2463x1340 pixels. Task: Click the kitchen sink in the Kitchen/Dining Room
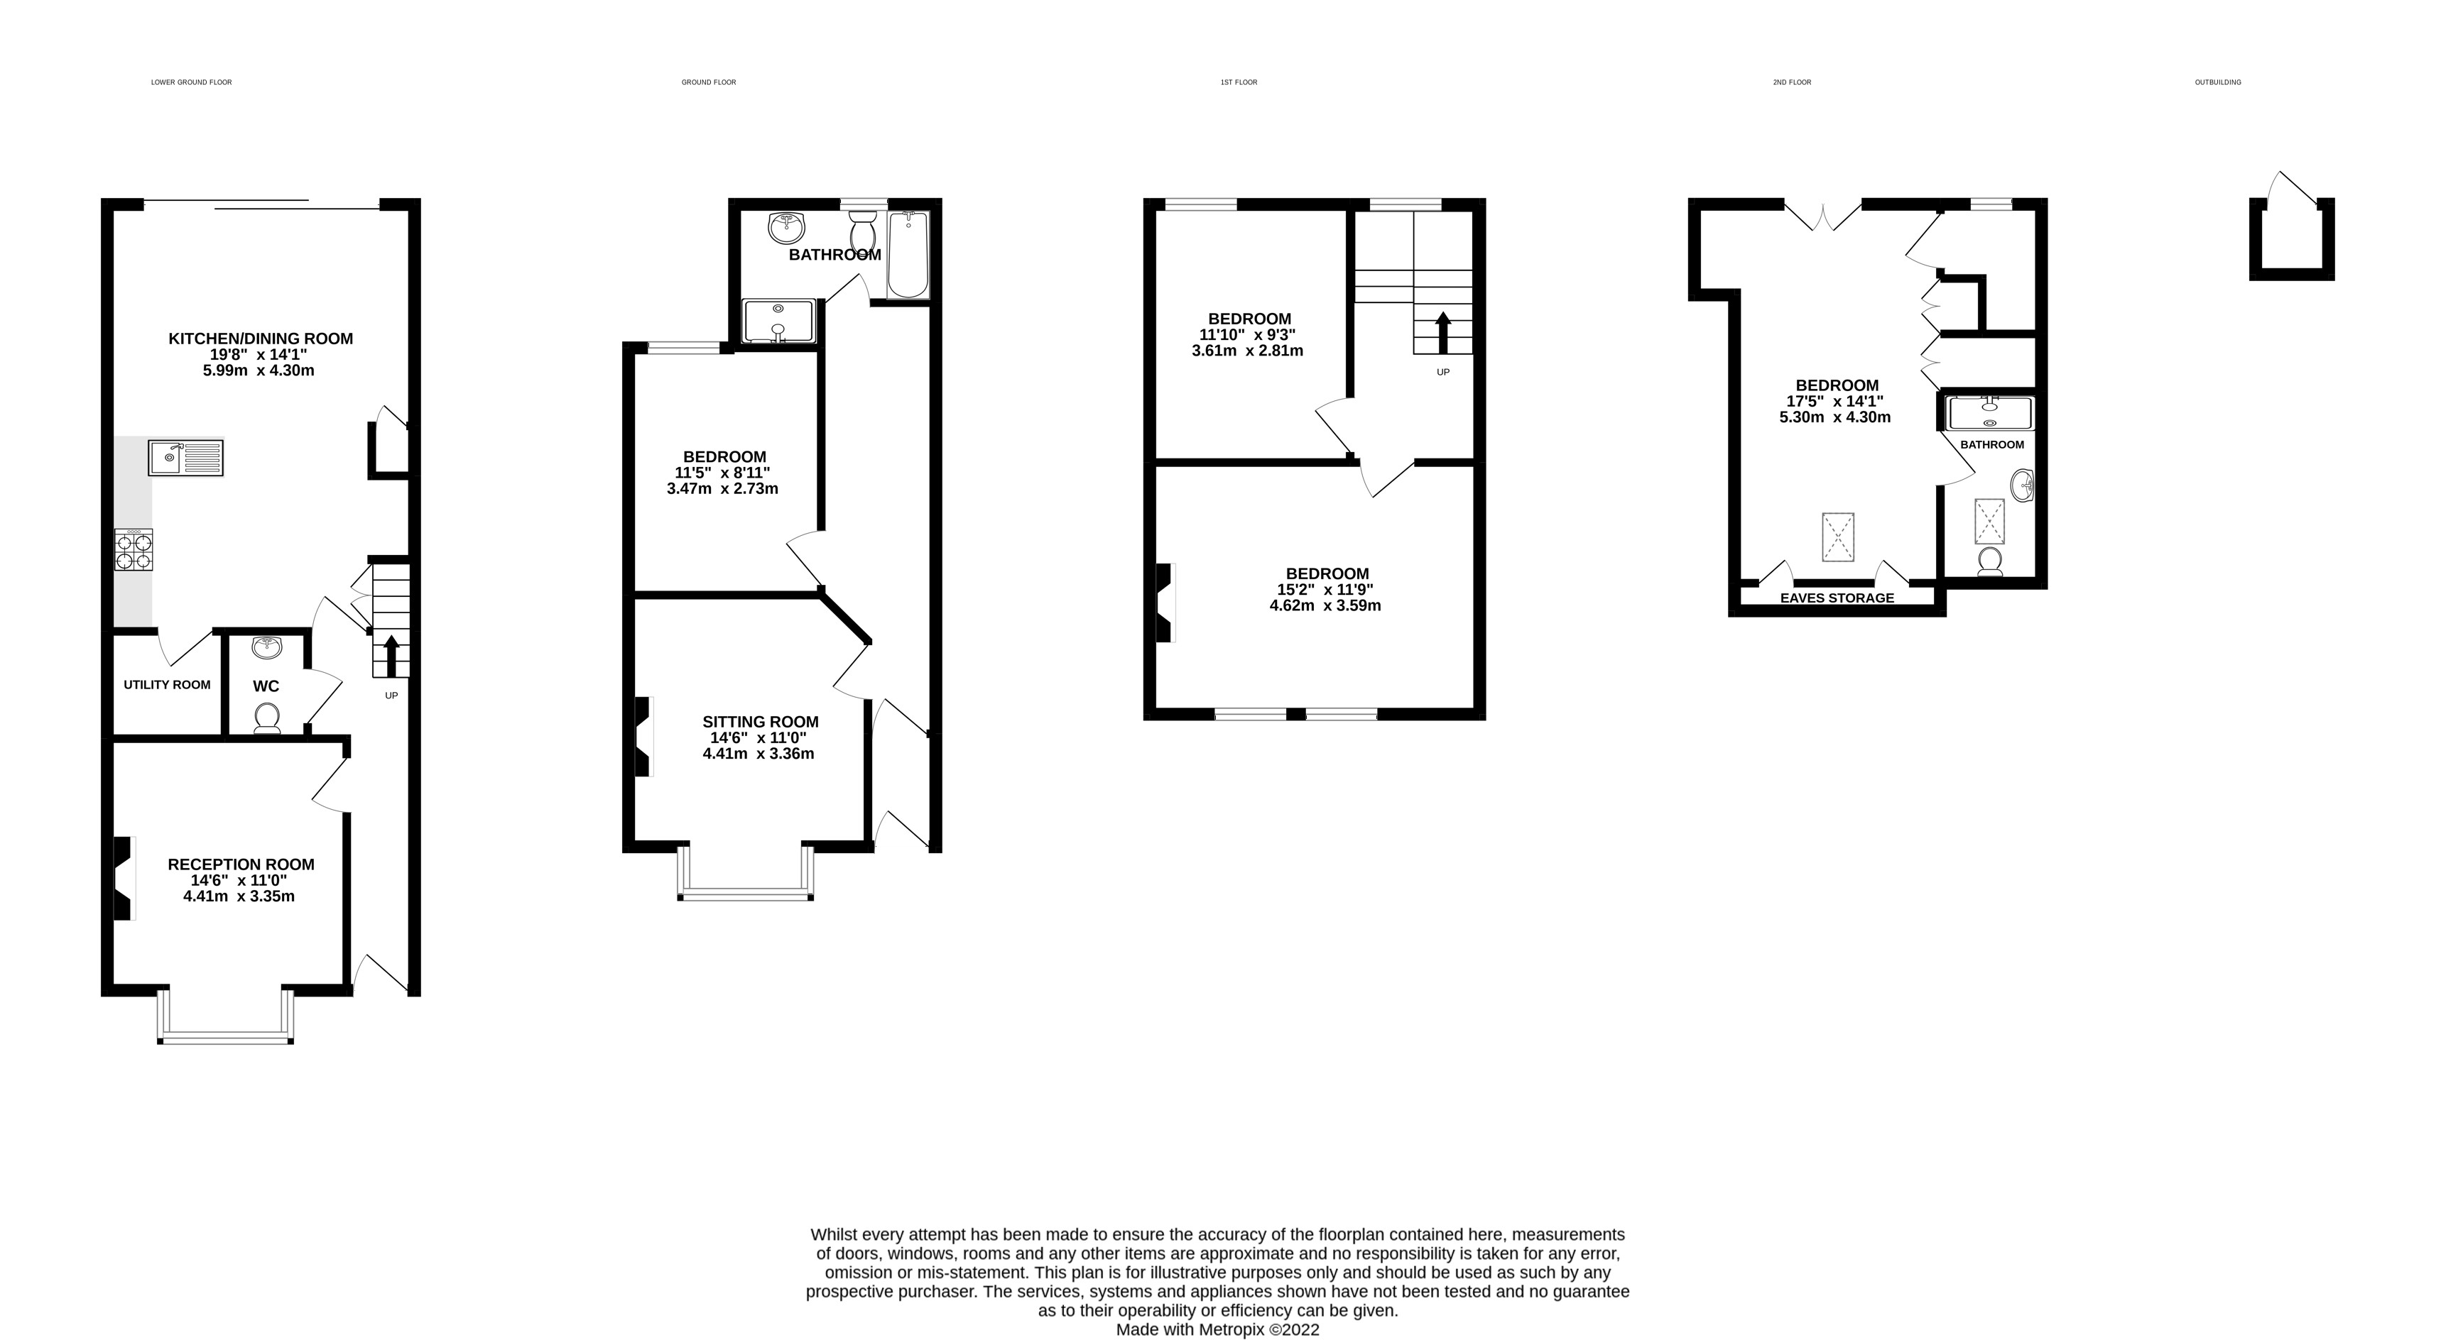[x=185, y=458]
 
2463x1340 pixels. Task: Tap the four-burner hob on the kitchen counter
[x=134, y=551]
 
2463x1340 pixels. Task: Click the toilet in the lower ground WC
[x=267, y=717]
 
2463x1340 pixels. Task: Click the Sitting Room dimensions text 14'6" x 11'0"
[x=759, y=738]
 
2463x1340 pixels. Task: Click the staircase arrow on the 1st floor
[x=1443, y=331]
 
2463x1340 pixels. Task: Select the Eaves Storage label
[x=1836, y=598]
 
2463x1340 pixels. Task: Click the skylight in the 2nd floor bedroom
[x=1838, y=537]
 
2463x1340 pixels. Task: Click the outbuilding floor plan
[x=2291, y=239]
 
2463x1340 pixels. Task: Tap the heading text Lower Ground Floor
[x=191, y=82]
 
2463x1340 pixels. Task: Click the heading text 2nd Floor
[x=1792, y=82]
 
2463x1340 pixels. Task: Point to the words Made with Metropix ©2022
[x=1217, y=1329]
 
